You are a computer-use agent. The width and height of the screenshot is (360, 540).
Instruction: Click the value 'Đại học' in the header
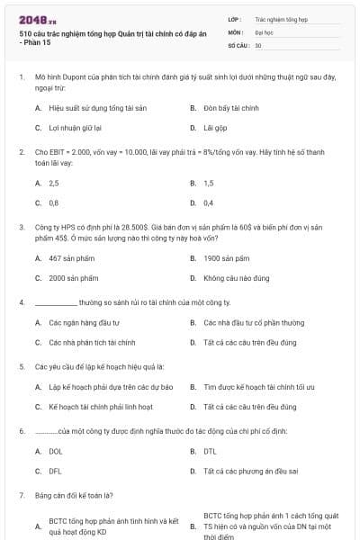[x=264, y=31]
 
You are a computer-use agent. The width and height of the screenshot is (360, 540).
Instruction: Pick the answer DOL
[x=56, y=451]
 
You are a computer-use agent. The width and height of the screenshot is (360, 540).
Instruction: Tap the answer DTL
[x=210, y=451]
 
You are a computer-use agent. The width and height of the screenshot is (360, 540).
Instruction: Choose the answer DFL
[x=56, y=471]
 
